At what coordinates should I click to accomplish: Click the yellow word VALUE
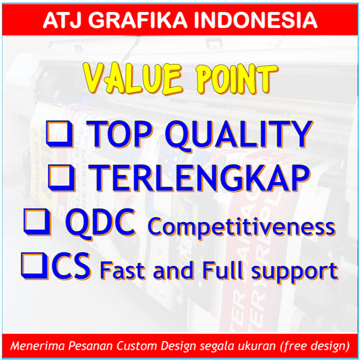click(x=134, y=79)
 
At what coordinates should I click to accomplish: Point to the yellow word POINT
click(x=237, y=79)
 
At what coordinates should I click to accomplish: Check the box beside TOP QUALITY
click(x=60, y=134)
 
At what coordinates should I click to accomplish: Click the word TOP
click(x=120, y=134)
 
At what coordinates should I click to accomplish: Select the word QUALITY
click(x=239, y=136)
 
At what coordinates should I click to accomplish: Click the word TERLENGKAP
click(x=199, y=178)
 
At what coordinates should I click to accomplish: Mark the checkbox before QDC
click(x=37, y=222)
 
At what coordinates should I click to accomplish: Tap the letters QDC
click(x=100, y=223)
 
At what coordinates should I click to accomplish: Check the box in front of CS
click(x=34, y=266)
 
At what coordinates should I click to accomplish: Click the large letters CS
click(x=71, y=266)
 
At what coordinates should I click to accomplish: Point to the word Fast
click(x=123, y=271)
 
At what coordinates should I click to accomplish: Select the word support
click(x=295, y=273)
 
